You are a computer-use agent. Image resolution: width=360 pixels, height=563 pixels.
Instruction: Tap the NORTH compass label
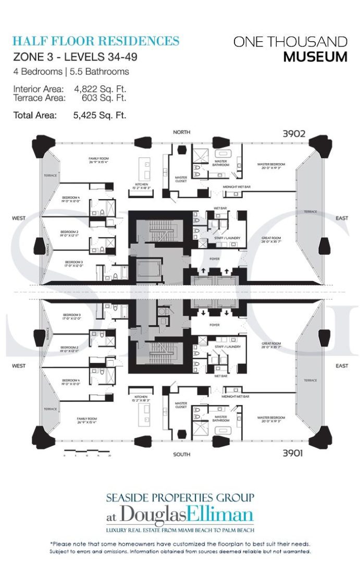coord(182,132)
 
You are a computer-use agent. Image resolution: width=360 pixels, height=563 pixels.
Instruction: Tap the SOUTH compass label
coord(182,455)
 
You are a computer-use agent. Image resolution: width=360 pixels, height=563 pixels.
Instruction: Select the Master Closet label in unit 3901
coord(181,405)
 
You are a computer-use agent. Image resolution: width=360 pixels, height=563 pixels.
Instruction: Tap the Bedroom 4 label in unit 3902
coord(71,199)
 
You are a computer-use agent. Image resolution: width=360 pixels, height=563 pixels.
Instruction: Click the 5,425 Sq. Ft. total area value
coord(100,115)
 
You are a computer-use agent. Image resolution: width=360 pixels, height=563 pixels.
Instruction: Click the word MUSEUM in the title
coord(315,56)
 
